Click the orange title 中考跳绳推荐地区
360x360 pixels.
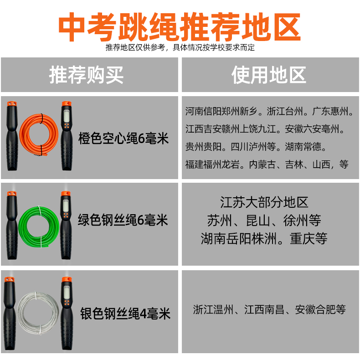[180, 26]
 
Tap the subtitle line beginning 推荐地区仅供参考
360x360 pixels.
[180, 47]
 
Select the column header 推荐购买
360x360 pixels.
[87, 75]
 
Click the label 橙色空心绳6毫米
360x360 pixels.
[123, 138]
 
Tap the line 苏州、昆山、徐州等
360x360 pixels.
[264, 221]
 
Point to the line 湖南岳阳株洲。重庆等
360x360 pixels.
[264, 238]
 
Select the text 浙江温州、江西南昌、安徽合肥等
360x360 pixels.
[269, 310]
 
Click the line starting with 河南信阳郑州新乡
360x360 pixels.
[269, 111]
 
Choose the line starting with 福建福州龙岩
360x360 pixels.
[267, 165]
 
